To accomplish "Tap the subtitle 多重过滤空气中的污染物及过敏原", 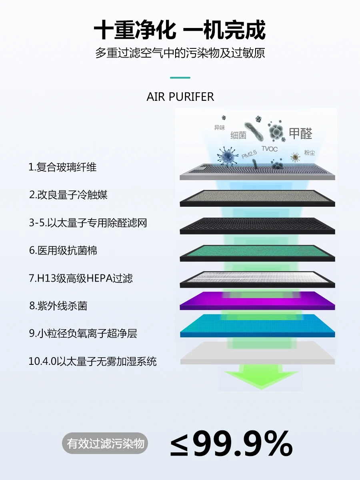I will [x=180, y=53].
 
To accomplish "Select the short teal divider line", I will [x=180, y=78].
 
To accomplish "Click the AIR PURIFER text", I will [x=180, y=97].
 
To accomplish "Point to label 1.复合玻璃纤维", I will [x=63, y=167].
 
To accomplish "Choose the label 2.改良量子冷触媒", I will [x=68, y=195].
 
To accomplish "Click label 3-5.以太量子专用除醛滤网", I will [x=88, y=223].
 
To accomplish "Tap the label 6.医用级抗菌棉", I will [x=63, y=250].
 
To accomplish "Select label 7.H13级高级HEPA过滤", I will [x=81, y=278].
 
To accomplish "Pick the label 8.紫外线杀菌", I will [x=58, y=306].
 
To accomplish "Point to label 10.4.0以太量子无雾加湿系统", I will [x=93, y=362].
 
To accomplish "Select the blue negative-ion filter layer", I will [x=257, y=325].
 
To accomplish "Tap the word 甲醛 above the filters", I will [x=300, y=133].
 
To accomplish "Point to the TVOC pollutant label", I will [x=269, y=149].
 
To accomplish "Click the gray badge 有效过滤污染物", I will [x=105, y=444].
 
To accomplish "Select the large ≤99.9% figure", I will [x=231, y=444].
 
